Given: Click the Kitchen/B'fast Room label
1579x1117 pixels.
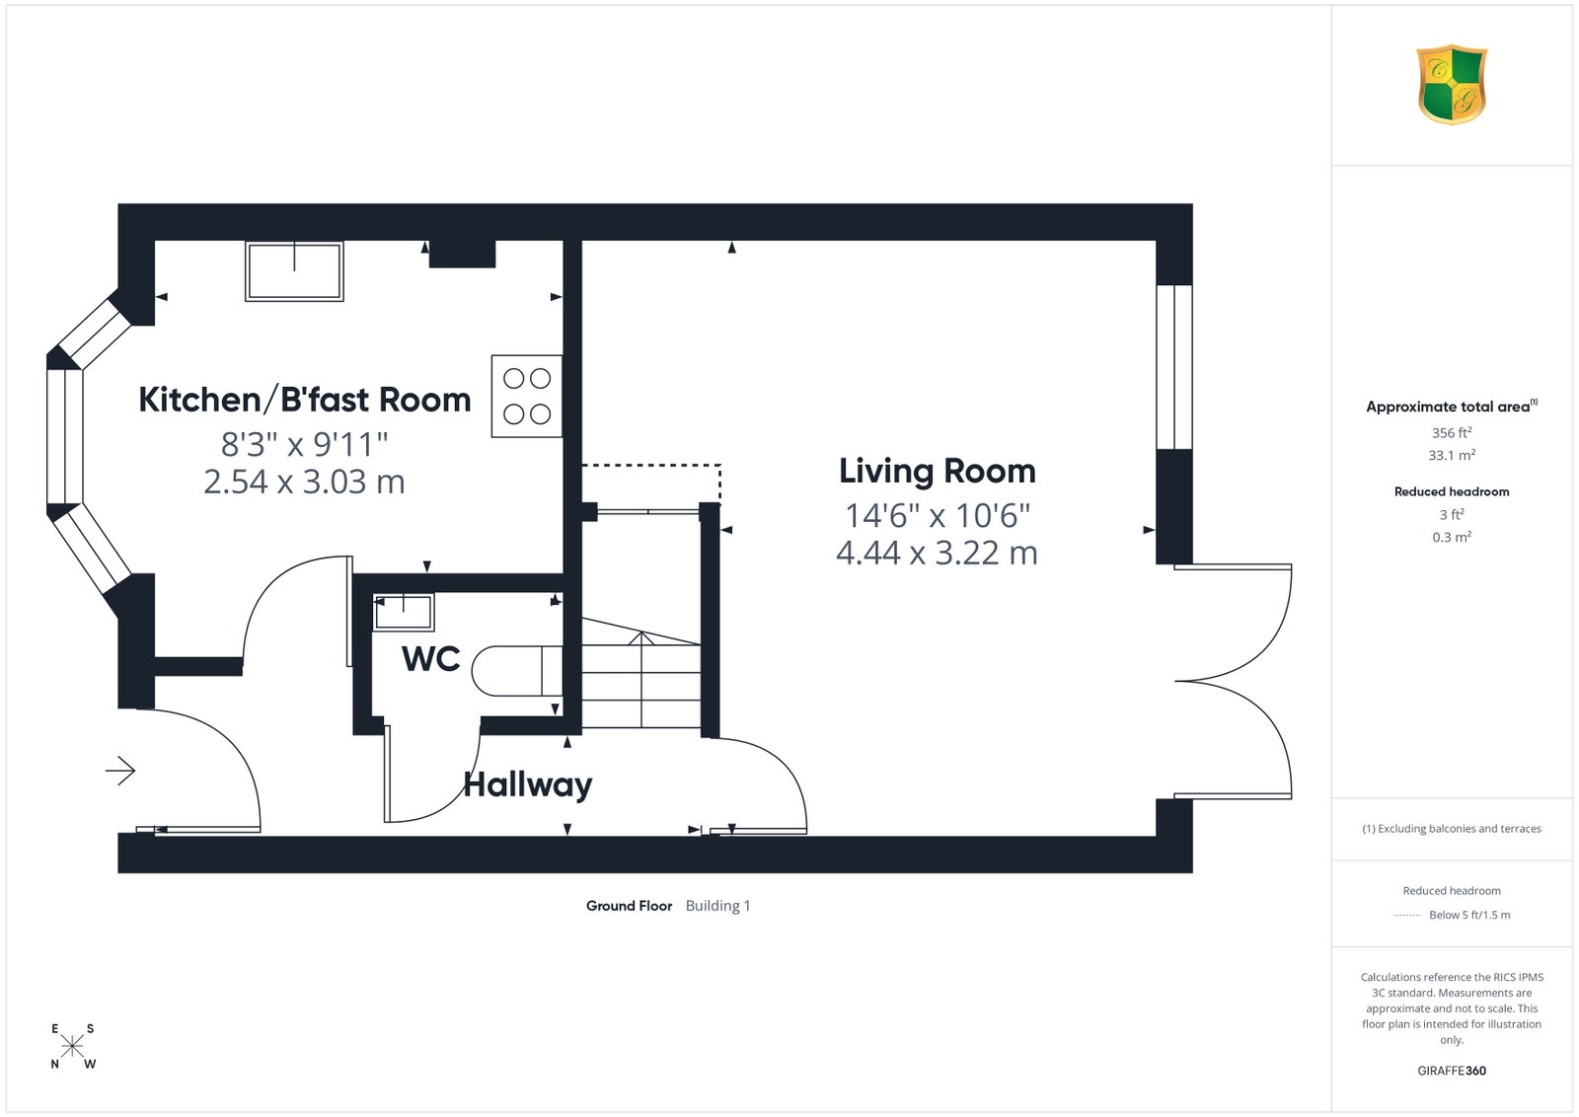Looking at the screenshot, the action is (305, 400).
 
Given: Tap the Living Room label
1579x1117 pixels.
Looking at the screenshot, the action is (937, 471).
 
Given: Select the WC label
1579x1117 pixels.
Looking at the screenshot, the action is (430, 659).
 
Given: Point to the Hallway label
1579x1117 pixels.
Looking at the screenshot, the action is (527, 785).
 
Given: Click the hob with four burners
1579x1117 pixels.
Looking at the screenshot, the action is (527, 396).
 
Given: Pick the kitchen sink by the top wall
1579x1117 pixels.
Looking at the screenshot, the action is (294, 271).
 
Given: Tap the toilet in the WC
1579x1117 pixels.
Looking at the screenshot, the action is (517, 671).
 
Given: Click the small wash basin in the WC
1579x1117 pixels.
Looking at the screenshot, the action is (404, 612).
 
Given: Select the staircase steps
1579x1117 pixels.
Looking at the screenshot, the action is (640, 673).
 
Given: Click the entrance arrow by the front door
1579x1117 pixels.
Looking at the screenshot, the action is (119, 771).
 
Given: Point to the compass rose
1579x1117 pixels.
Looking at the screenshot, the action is (72, 1046).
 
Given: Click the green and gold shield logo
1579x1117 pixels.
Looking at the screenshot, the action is (1452, 85).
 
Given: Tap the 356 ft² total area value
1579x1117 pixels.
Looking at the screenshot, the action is (1452, 433).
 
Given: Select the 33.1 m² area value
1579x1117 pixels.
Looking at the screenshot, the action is (1452, 455).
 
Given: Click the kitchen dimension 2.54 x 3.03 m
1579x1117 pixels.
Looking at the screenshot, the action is (305, 483).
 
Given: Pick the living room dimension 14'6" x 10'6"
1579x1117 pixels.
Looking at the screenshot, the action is (938, 516).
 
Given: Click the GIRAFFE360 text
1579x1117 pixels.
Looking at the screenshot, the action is (1452, 1071).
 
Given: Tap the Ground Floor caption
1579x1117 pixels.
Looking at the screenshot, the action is (629, 906).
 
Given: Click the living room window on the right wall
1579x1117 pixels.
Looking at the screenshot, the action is (1174, 366).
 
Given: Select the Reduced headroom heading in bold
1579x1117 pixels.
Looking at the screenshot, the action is (1452, 492).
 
